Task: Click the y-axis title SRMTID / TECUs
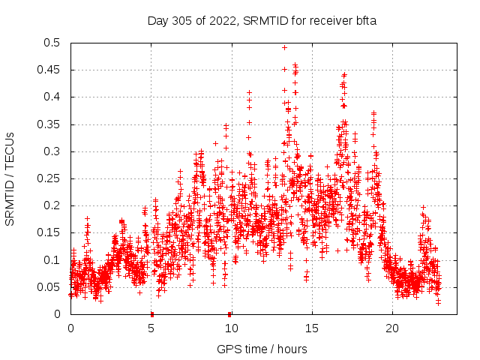(x=10, y=178)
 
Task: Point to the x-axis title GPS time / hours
(x=262, y=349)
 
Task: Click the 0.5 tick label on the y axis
(x=52, y=43)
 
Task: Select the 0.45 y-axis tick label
(x=49, y=70)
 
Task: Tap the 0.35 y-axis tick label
(x=49, y=124)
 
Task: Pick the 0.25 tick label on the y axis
(x=49, y=178)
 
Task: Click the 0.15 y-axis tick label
(x=49, y=233)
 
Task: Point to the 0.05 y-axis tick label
(x=49, y=287)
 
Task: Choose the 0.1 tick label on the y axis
(x=52, y=260)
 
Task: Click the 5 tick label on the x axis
(x=151, y=328)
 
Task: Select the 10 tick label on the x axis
(x=231, y=328)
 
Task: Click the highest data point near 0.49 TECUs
(x=284, y=47)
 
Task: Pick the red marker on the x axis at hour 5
(x=151, y=313)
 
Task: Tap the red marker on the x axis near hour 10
(x=229, y=313)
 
